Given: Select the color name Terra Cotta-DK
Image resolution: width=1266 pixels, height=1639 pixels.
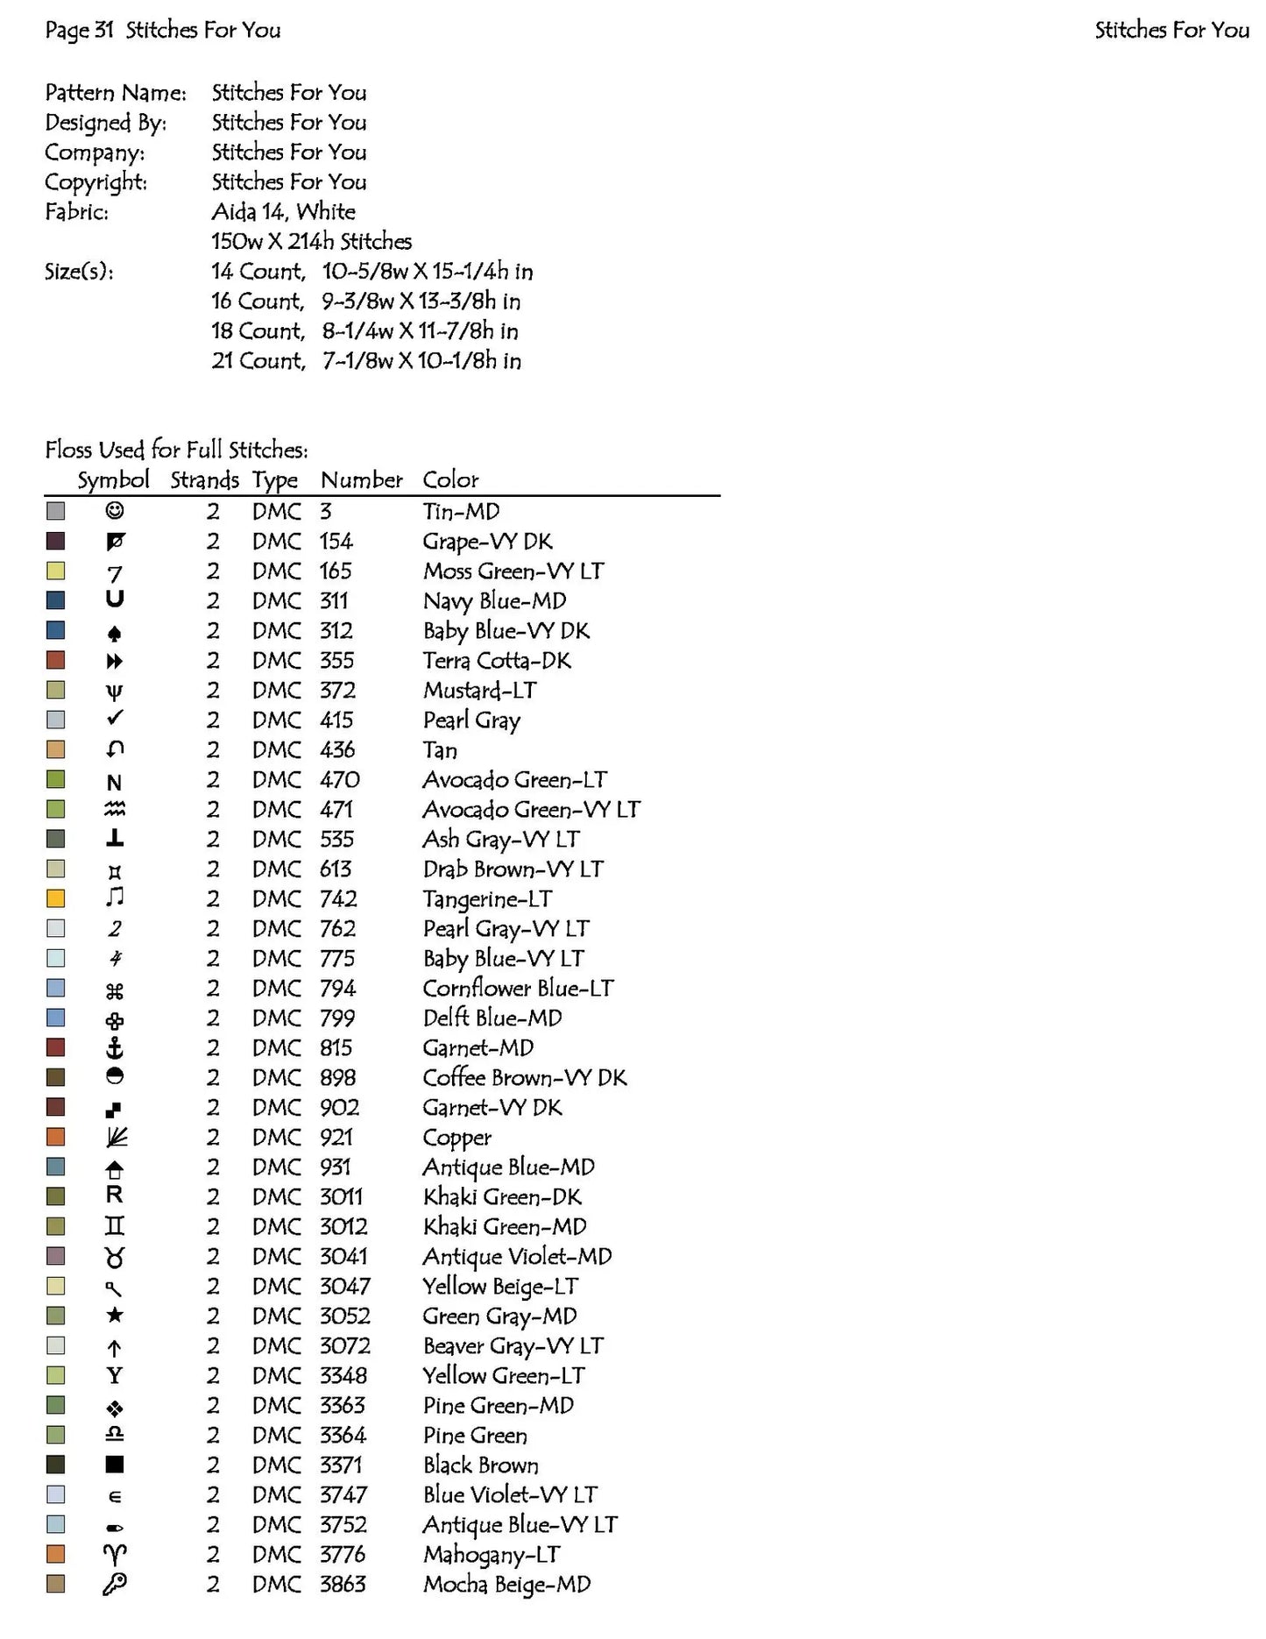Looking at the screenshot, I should point(497,660).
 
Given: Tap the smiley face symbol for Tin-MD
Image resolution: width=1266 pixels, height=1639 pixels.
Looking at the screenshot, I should point(114,510).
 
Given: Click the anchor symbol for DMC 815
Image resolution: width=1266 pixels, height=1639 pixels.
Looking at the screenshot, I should point(114,1047).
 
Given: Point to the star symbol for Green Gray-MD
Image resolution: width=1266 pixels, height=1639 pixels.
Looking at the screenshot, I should point(114,1316).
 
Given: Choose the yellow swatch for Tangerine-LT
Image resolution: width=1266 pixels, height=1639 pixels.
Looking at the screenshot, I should point(56,898).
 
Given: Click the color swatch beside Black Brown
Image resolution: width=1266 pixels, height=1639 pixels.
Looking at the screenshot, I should point(56,1465).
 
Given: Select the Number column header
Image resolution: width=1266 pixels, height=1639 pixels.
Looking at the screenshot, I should point(361,480).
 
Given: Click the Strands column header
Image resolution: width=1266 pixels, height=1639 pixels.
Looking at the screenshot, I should point(204,480).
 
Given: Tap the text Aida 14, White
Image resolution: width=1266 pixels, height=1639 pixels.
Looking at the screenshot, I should point(283,211).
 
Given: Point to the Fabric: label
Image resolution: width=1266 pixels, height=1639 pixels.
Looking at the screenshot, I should point(77,211).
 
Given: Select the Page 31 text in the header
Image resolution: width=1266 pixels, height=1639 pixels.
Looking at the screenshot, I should point(80,30).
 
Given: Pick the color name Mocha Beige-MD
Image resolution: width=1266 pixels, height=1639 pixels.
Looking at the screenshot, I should point(506,1584).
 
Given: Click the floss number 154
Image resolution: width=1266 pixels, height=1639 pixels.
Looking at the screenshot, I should point(336,541).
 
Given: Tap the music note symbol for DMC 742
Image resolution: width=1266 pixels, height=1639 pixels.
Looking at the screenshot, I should point(114,898).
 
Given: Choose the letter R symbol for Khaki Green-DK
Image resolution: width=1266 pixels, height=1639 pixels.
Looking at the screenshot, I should point(114,1196).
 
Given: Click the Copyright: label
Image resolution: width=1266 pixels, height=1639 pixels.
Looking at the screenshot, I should point(96,181).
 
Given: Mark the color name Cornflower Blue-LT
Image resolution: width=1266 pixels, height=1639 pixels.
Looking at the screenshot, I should point(518,988).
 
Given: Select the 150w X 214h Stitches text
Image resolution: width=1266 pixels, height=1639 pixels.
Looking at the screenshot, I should point(311,241).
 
